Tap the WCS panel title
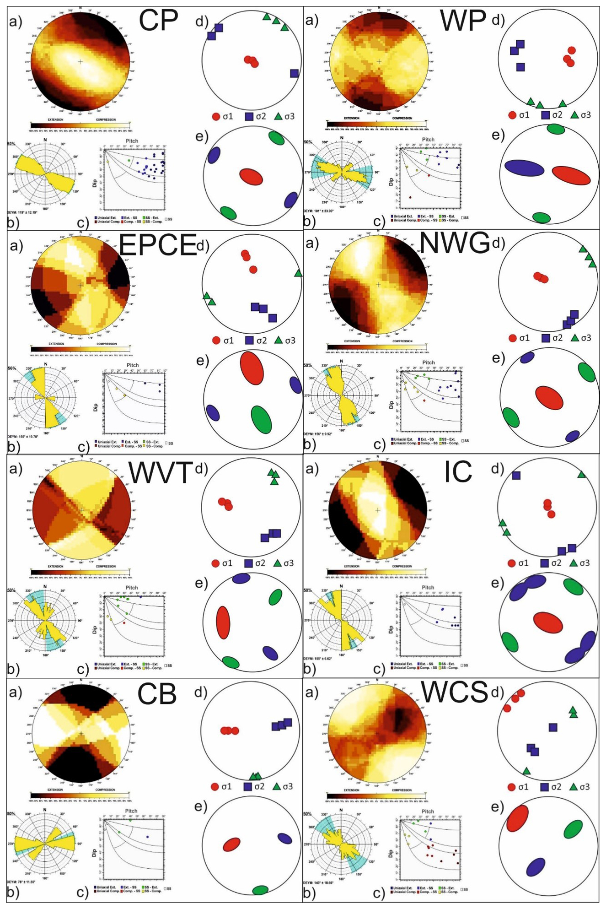[x=455, y=692]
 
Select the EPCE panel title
[x=157, y=244]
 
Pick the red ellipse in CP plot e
[x=251, y=176]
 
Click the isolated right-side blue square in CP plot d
[x=295, y=73]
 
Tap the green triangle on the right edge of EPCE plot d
[x=298, y=273]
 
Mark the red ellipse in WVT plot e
[x=223, y=622]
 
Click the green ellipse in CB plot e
[x=260, y=890]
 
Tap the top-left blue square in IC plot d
[x=516, y=476]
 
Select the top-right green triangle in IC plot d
[x=581, y=475]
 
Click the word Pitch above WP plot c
[x=428, y=140]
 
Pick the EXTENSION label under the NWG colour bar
[x=352, y=341]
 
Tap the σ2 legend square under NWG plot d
[x=545, y=338]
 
